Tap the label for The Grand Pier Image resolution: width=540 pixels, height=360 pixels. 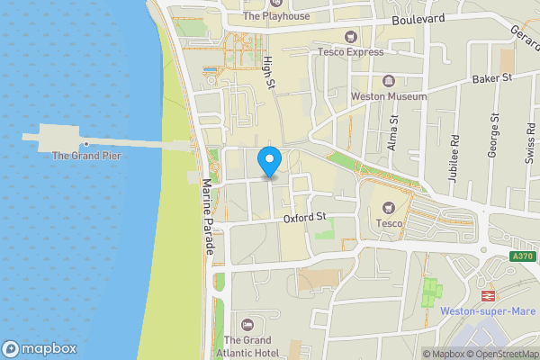tap(86, 156)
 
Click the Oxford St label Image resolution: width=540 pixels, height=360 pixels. tap(304, 217)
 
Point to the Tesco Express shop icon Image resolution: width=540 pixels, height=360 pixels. tap(350, 37)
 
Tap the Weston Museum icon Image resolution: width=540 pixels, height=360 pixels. tap(389, 80)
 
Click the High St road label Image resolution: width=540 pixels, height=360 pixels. tap(267, 72)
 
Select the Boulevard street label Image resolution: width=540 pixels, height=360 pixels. tap(418, 19)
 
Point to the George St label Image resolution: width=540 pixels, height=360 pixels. tap(493, 136)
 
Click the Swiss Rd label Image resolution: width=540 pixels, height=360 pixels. tap(531, 143)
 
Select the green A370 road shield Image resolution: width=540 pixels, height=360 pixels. tap(522, 256)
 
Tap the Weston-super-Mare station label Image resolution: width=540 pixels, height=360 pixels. tap(490, 312)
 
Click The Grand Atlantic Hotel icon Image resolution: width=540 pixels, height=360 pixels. tap(247, 323)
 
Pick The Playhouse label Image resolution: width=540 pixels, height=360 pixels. tap(276, 16)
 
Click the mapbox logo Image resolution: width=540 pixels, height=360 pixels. tap(40, 349)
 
